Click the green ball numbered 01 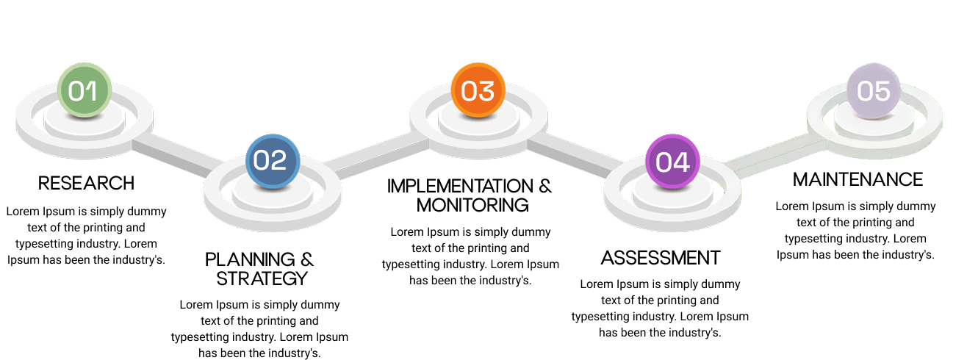click(x=85, y=90)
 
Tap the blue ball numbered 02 click(x=273, y=162)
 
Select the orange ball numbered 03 click(x=478, y=90)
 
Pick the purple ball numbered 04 click(x=672, y=162)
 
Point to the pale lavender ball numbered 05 click(x=874, y=90)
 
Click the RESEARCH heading click(x=87, y=183)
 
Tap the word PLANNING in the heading click(x=250, y=259)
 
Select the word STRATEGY click(x=262, y=278)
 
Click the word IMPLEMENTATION click(x=460, y=186)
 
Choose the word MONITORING click(x=472, y=205)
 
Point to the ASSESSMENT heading click(x=661, y=258)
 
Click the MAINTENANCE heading click(x=858, y=179)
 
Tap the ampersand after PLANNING click(x=307, y=259)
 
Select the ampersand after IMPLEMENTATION click(x=545, y=186)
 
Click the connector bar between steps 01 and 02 click(x=176, y=156)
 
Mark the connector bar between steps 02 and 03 click(x=376, y=156)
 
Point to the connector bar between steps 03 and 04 click(x=574, y=156)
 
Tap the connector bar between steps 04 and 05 click(x=775, y=156)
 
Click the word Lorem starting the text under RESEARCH click(x=23, y=212)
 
